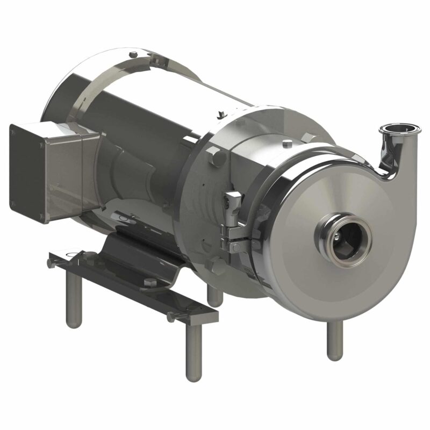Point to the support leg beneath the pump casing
click(334, 339)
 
